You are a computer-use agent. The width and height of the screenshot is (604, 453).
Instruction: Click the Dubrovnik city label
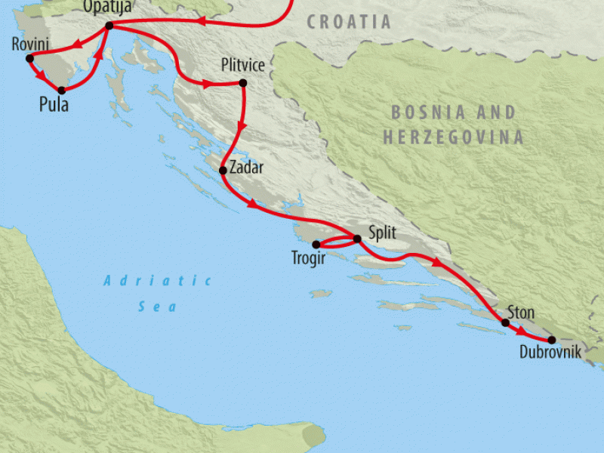tap(550, 352)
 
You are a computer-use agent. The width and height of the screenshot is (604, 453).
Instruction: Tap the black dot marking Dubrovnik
tap(552, 340)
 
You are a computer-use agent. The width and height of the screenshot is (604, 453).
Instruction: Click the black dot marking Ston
tap(505, 323)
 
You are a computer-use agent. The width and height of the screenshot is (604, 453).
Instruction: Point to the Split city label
tap(382, 233)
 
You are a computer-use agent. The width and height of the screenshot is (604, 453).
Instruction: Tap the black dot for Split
tap(357, 239)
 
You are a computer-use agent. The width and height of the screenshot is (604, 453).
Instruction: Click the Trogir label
tap(308, 258)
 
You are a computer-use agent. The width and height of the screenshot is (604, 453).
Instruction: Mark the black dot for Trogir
tap(316, 244)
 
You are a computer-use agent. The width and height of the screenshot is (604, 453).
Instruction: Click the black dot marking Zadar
tap(223, 171)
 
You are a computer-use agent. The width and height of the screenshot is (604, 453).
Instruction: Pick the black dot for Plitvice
tap(242, 83)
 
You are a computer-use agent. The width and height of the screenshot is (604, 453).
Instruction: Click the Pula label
tap(54, 105)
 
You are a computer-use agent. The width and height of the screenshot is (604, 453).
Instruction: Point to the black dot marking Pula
tap(62, 91)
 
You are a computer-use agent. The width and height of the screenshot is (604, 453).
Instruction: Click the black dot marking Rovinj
tap(29, 58)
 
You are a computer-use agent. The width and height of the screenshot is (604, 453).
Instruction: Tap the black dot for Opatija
tap(109, 26)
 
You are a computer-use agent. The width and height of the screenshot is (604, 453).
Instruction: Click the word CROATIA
tap(350, 22)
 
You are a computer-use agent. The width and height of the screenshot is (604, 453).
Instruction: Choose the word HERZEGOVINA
tap(453, 137)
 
